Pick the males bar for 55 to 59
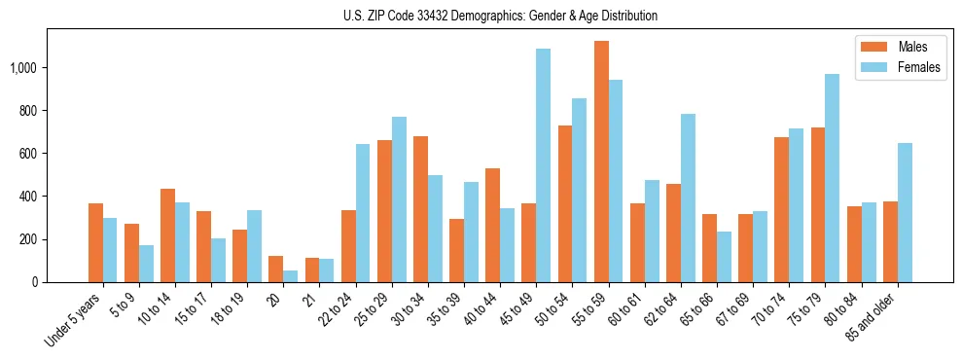point(601,162)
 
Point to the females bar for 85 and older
point(904,213)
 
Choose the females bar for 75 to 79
point(832,178)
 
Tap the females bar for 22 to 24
point(363,213)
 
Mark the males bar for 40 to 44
point(492,226)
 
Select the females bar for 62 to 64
point(688,198)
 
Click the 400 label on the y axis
point(29,197)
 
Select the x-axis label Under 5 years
point(73,320)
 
